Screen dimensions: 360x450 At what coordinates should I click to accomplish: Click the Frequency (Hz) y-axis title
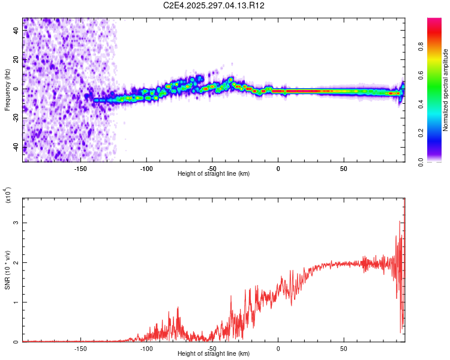[7, 90]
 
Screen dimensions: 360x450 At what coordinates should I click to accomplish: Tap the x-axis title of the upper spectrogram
[214, 173]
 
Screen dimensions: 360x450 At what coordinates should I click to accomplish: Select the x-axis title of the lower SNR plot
[214, 353]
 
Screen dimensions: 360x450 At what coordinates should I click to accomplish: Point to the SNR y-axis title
[7, 270]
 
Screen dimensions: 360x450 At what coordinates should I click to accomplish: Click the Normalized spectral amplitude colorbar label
[445, 90]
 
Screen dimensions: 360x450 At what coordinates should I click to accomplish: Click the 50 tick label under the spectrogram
[344, 169]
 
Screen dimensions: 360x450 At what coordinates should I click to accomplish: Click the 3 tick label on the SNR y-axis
[17, 223]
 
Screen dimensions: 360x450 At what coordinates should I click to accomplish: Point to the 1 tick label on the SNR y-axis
[17, 302]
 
